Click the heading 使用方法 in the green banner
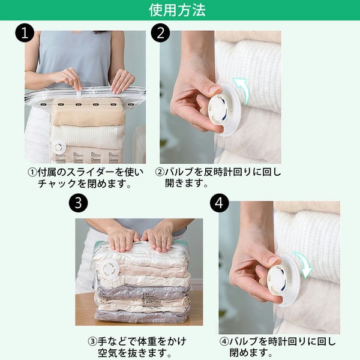tap(177, 10)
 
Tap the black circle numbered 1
tap(25, 32)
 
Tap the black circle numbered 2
tap(160, 32)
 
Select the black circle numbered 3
tap(78, 203)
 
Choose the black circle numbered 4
tap(219, 203)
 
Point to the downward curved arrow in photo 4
tap(304, 265)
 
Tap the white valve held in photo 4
tap(282, 281)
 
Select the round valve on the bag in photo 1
tap(58, 147)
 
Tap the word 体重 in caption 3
tap(147, 341)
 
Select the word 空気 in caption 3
tap(107, 353)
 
